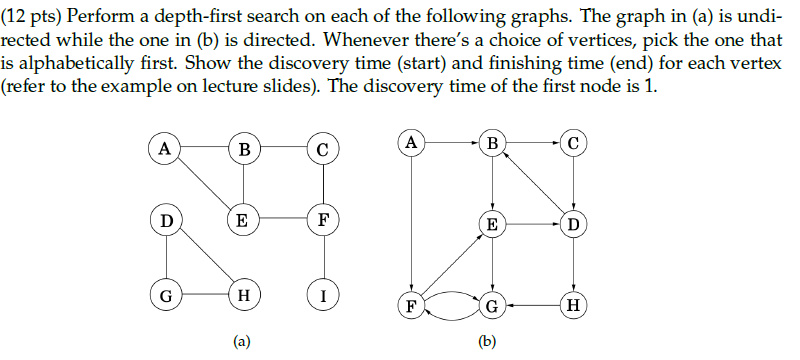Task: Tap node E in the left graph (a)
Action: coord(242,220)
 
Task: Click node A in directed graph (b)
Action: coord(411,142)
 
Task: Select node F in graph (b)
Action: coord(411,305)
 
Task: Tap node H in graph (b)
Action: coord(573,305)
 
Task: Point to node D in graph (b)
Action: coord(573,223)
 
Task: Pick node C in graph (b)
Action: coord(573,142)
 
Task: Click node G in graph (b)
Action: coord(492,305)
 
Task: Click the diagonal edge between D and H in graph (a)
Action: coord(203,257)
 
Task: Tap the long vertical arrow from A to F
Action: coord(411,223)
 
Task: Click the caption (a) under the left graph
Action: coord(242,341)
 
